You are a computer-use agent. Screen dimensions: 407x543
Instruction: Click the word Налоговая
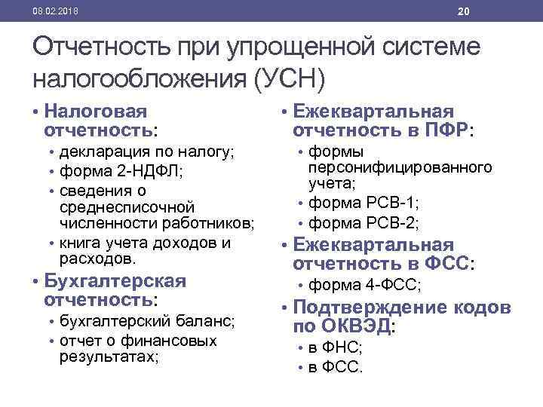(95, 112)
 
